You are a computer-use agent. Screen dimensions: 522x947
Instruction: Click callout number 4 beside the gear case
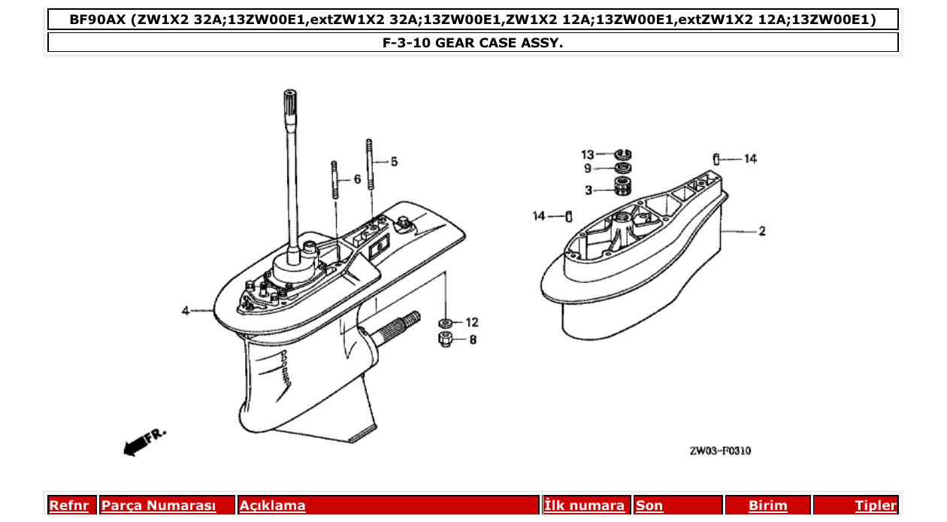[x=185, y=311]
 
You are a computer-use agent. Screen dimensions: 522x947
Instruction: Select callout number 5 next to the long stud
[x=394, y=162]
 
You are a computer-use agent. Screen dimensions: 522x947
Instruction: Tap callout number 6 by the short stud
[x=357, y=179]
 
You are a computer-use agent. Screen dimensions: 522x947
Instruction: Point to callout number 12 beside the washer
[x=471, y=322]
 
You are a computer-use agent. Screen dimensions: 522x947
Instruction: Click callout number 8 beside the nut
[x=472, y=339]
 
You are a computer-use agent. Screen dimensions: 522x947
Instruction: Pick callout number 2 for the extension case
[x=762, y=231]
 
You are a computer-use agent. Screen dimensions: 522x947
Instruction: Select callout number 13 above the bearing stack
[x=587, y=155]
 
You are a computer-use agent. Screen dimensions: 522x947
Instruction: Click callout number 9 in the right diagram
[x=588, y=169]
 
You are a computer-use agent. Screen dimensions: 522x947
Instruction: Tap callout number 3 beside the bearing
[x=588, y=190]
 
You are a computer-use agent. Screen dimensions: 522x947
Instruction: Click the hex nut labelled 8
[x=444, y=339]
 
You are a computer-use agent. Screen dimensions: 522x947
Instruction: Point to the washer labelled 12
[x=444, y=323]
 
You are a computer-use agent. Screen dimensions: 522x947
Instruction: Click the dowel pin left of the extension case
[x=569, y=217]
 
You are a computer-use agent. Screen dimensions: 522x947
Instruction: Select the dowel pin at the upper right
[x=717, y=159]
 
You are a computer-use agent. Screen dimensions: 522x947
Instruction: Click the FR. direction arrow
[x=143, y=442]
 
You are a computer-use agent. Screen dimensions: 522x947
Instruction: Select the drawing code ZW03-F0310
[x=719, y=451]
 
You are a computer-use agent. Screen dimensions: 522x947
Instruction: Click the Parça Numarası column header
[x=159, y=505]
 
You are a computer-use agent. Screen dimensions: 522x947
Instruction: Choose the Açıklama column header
[x=272, y=505]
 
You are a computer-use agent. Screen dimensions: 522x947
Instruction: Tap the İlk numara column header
[x=584, y=505]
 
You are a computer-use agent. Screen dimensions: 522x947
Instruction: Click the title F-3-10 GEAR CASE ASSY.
[x=473, y=43]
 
